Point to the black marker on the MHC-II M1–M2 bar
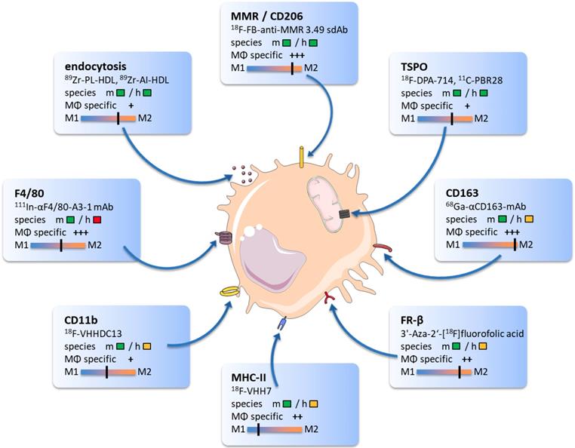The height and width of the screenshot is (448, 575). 259,430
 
